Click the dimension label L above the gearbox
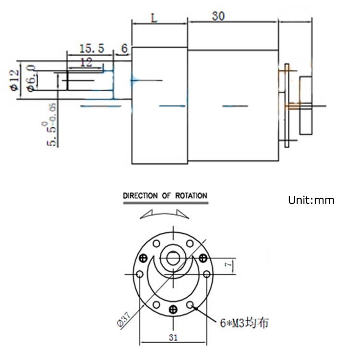point(154,18)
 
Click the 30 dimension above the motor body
point(218,16)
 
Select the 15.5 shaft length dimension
point(91,48)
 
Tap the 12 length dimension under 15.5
point(86,62)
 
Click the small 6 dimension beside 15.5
point(124,48)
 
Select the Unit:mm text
point(311,200)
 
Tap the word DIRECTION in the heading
point(141,196)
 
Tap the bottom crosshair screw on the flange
point(173,309)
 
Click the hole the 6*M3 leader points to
point(191,304)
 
